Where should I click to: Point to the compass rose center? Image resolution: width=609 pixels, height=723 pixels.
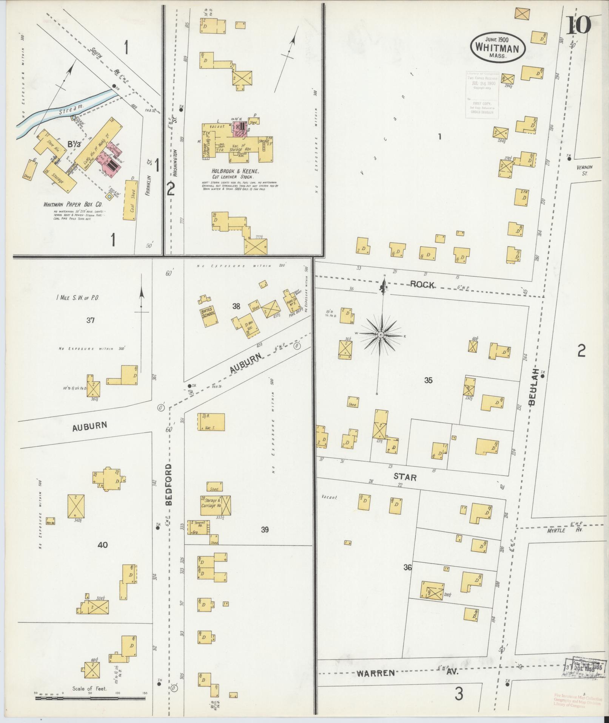tap(381, 335)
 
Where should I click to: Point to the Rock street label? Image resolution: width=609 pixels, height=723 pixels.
tap(422, 285)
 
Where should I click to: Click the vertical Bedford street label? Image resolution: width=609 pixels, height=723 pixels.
tap(168, 485)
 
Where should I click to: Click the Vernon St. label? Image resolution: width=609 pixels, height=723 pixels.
tap(584, 170)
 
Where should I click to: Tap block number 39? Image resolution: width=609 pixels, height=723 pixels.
tap(265, 529)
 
